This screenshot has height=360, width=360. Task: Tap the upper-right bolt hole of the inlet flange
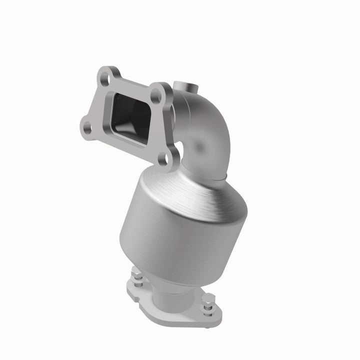tap(156, 93)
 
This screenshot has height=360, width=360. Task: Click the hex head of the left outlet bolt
tap(136, 274)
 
